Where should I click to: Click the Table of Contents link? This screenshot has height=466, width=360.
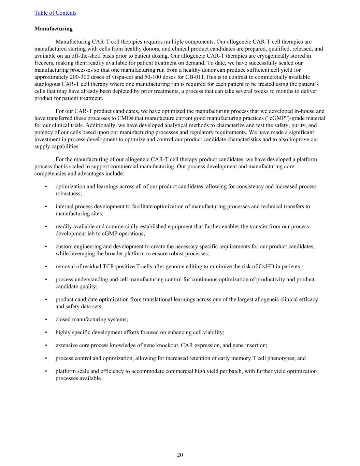(x=55, y=13)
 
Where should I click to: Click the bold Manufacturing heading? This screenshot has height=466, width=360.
(x=54, y=29)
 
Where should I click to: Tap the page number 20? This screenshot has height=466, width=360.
(x=180, y=455)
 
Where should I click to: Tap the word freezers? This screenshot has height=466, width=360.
(x=44, y=63)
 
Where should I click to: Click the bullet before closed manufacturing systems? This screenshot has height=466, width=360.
(x=46, y=320)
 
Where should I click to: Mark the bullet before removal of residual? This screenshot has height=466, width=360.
(x=46, y=267)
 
